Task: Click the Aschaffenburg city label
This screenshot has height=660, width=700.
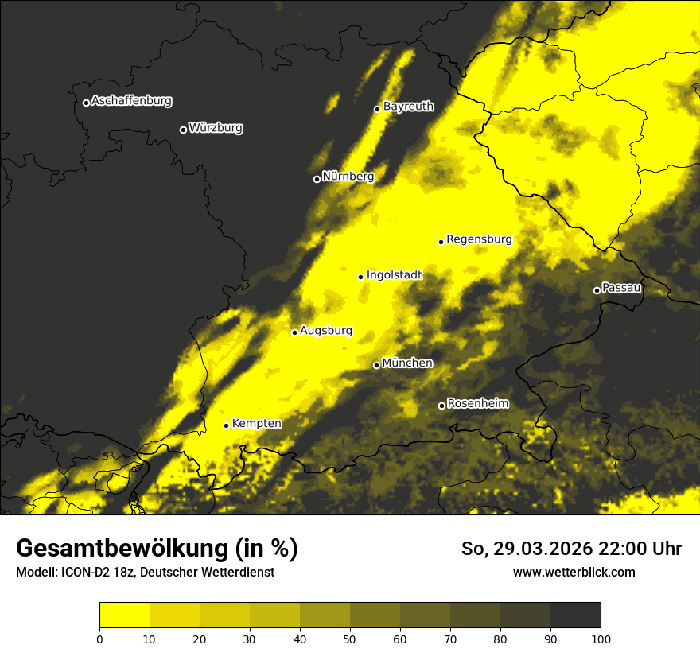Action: coord(131,101)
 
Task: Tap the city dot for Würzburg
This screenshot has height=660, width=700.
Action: coord(183,130)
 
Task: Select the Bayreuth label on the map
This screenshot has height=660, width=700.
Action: coord(408,107)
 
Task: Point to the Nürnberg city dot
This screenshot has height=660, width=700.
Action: coord(317,179)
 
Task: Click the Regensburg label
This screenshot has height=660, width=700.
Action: coord(479,239)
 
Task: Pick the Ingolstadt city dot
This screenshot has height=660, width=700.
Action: coord(360,277)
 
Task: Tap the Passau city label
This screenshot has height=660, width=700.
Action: coord(621,288)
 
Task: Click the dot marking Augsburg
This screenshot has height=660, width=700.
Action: coord(294,332)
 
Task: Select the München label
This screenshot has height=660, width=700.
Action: coord(407,363)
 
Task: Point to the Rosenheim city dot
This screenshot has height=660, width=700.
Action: coord(441,406)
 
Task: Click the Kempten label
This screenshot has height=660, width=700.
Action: coord(256,424)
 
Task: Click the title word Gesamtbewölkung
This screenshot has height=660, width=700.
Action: coord(120,549)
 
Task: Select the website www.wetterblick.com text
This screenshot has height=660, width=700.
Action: coord(574,572)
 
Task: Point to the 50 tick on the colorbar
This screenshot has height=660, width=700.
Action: coord(350,639)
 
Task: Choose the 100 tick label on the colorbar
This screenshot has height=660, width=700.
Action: coord(601,639)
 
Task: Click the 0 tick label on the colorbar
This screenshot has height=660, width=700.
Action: coord(99,639)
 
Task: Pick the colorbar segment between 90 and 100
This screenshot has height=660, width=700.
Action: coord(575,615)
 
